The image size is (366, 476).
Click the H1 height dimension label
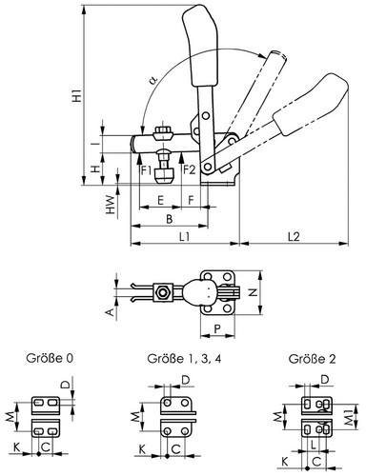76,96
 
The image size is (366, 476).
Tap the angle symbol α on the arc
153,80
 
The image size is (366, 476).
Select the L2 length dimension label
294,236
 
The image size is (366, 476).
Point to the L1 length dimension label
184,236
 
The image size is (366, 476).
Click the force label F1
147,170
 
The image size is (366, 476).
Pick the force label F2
189,170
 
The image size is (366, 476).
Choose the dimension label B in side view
170,219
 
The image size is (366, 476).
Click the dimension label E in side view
160,201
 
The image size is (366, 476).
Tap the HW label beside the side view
110,205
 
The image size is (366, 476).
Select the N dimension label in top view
253,292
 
